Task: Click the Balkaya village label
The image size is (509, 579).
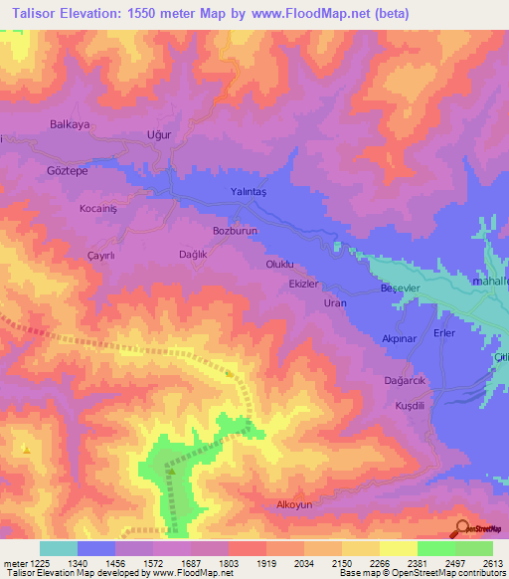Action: (x=70, y=125)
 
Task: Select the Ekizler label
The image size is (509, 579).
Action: (x=302, y=284)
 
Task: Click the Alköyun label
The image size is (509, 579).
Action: (x=294, y=505)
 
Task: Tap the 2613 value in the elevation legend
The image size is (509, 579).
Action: (x=492, y=562)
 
